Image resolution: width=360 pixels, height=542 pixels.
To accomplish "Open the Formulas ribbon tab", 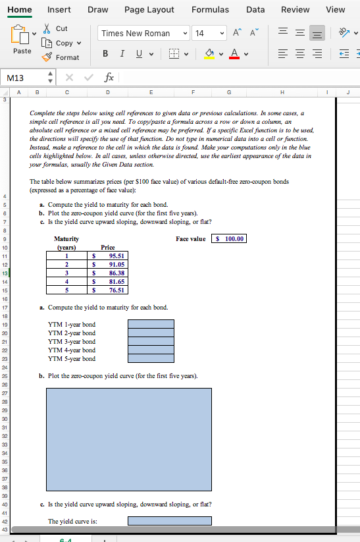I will (210, 9).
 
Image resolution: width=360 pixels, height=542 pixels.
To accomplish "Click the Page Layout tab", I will (149, 9).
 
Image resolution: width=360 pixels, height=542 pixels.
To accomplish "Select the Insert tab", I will (59, 9).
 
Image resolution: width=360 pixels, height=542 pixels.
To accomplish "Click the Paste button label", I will (22, 51).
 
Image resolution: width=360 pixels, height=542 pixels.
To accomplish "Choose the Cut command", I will (62, 28).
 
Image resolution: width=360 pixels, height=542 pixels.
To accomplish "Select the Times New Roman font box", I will (136, 34).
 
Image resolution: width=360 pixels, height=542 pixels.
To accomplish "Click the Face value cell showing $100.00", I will (229, 238).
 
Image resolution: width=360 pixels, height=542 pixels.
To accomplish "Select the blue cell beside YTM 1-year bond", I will (151, 324).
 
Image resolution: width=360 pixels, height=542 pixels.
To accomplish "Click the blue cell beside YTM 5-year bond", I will (151, 359).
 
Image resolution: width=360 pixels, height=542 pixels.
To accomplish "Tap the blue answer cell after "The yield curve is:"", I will (169, 521).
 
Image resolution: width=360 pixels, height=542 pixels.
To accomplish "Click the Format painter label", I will (67, 57).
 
